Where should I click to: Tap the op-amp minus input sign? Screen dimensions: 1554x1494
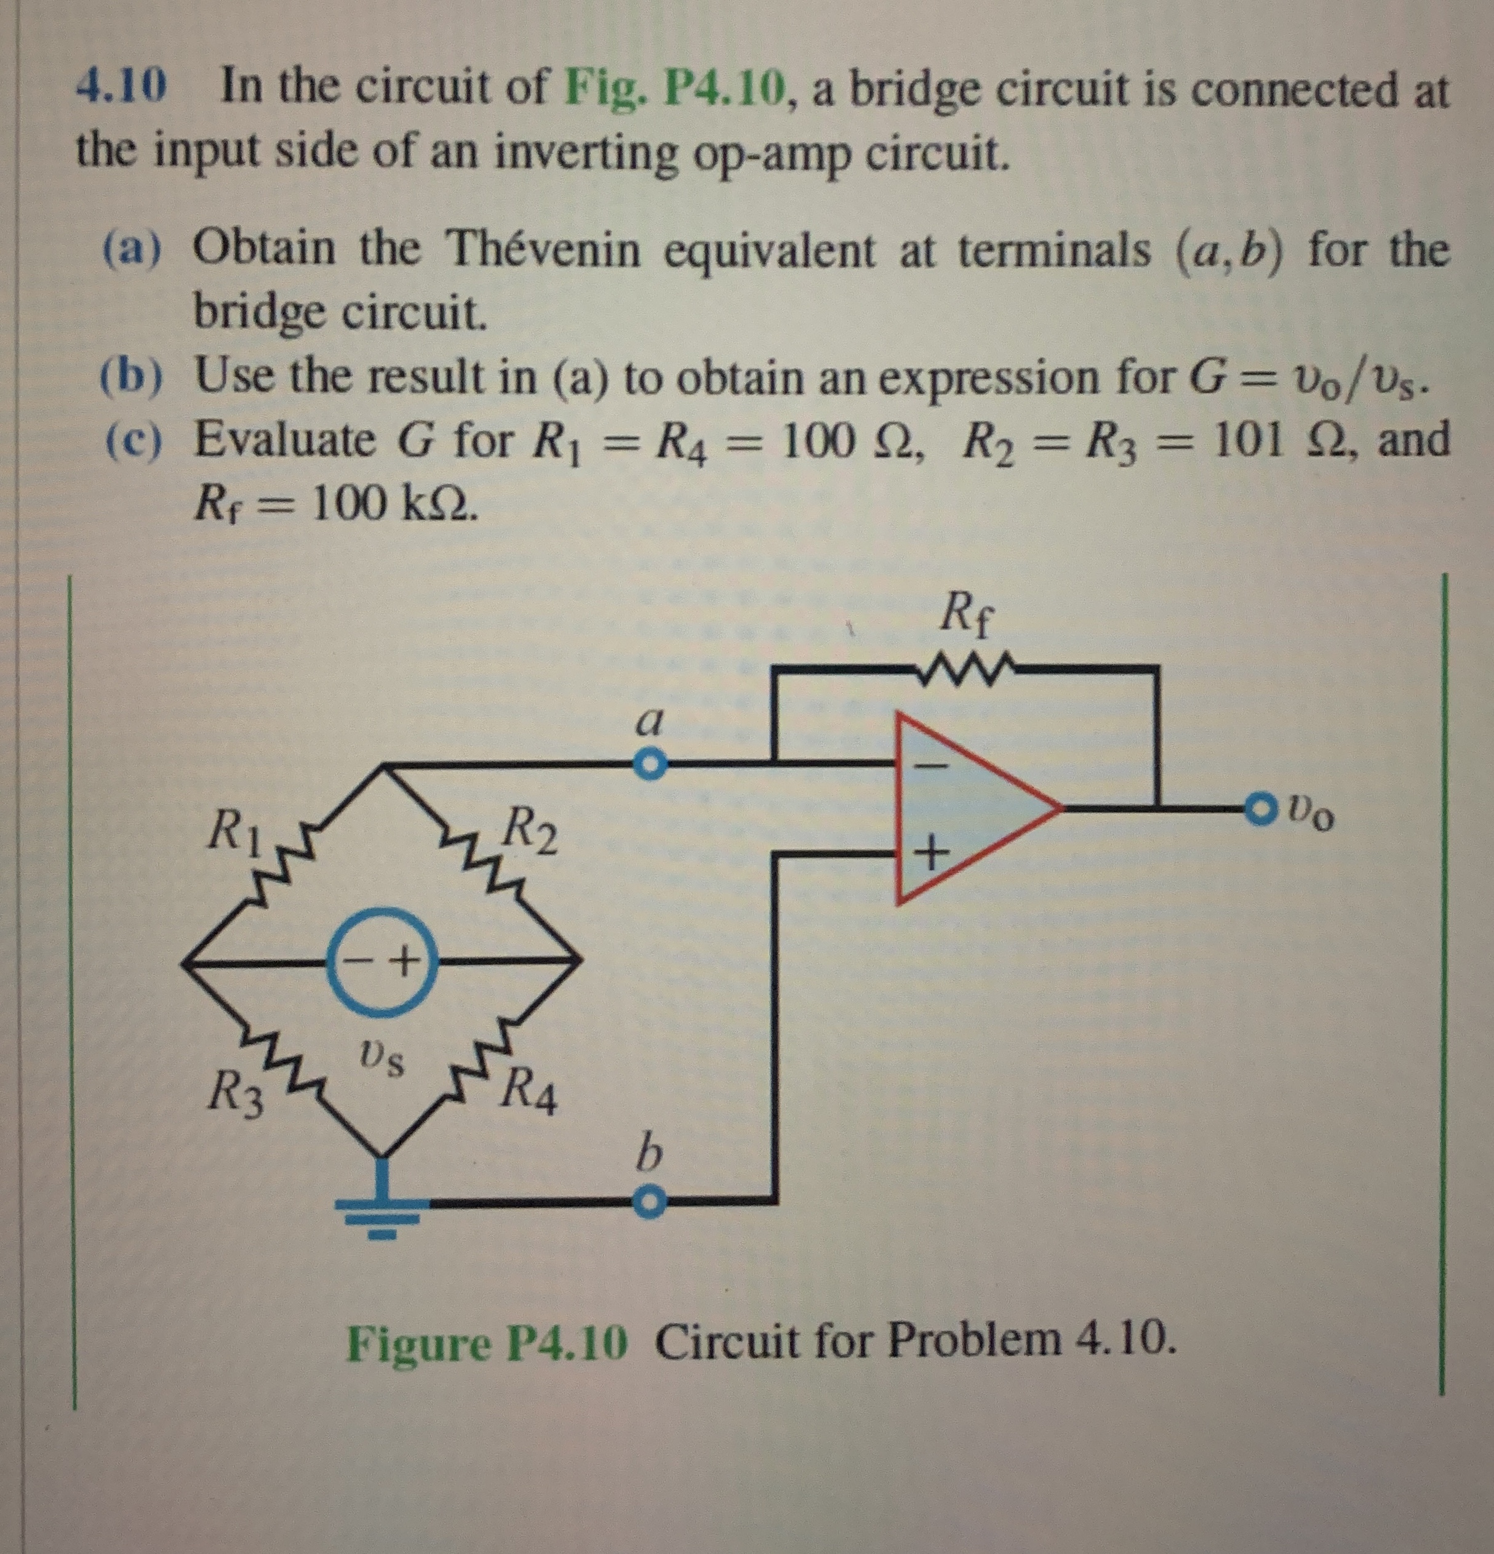coord(933,766)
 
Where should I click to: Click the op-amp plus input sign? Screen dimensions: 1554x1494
coord(933,855)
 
